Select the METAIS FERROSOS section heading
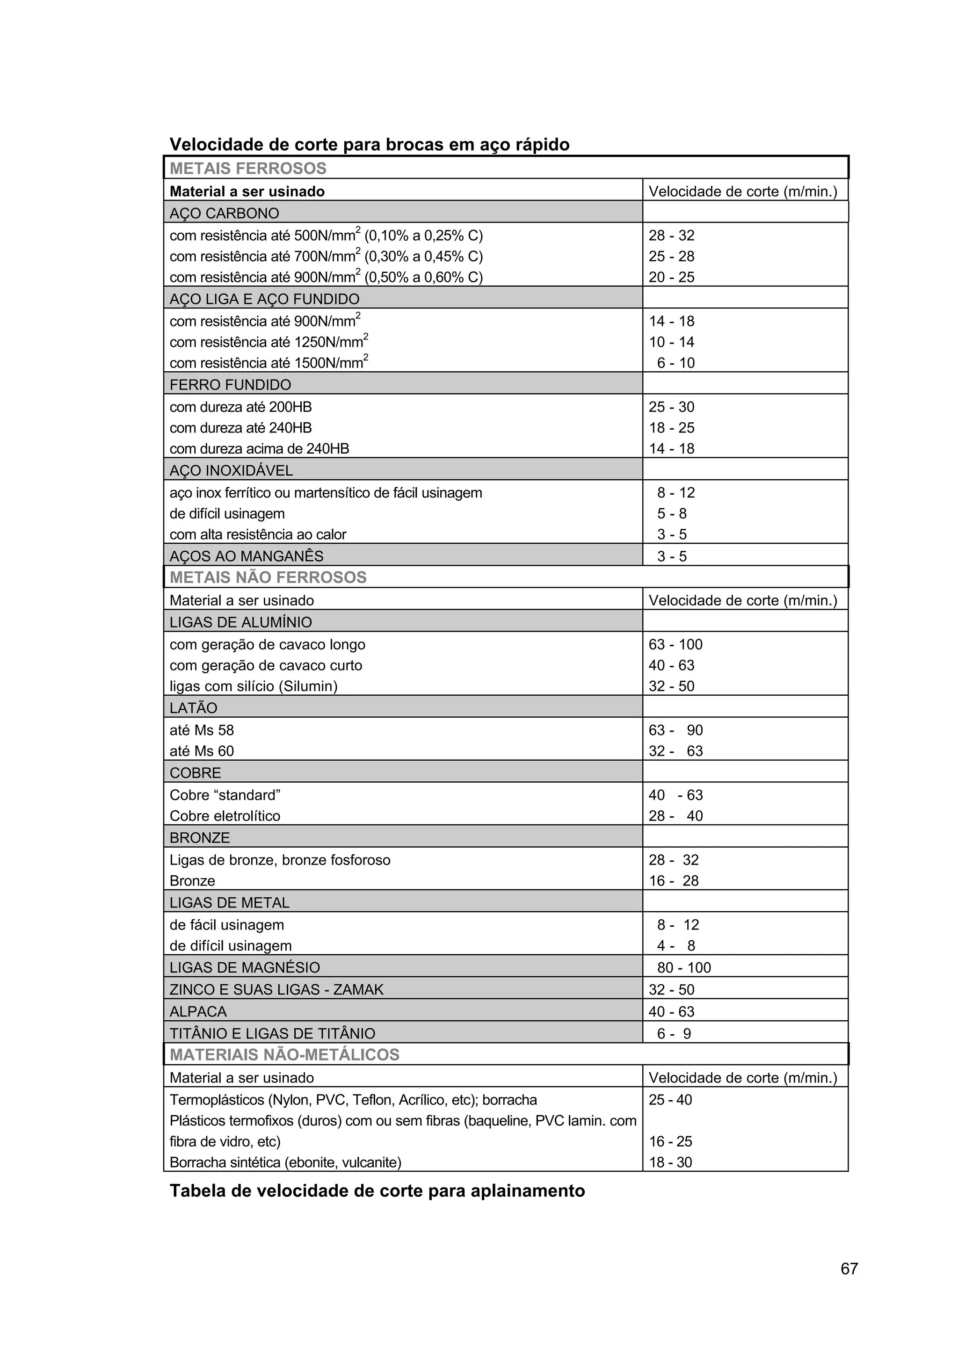tap(248, 168)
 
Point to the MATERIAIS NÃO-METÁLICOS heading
tap(284, 1055)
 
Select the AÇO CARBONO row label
tap(225, 213)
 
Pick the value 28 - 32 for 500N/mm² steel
tap(671, 236)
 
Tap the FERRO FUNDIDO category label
tap(230, 385)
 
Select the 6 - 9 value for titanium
tap(674, 1033)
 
